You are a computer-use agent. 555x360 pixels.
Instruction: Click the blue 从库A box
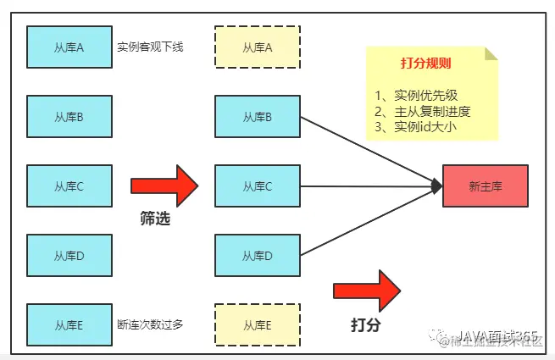(69, 47)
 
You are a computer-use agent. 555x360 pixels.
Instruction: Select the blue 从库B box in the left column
(69, 117)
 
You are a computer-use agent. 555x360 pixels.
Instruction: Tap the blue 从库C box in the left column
(69, 186)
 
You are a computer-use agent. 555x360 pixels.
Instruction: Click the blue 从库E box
(69, 324)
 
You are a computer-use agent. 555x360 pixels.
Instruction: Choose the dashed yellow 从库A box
(258, 47)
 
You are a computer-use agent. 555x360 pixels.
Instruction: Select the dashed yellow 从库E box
(258, 324)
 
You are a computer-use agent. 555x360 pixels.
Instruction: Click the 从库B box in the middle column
(258, 117)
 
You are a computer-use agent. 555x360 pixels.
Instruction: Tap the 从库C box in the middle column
(258, 186)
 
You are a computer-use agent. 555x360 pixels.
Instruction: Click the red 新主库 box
(486, 186)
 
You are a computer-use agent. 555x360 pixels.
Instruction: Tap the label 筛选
(154, 219)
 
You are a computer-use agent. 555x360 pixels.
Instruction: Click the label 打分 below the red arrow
(365, 324)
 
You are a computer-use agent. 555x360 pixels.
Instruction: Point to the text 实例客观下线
(150, 47)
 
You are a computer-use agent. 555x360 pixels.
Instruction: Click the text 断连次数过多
(150, 324)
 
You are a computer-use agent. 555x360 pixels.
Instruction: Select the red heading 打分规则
(425, 64)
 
